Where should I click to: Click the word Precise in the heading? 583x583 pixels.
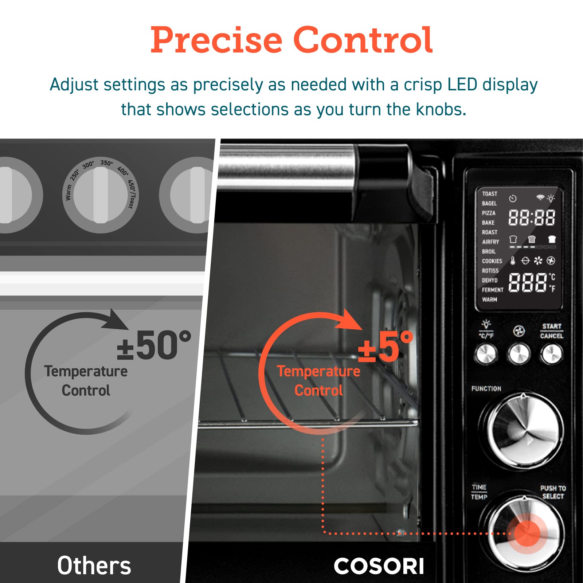point(216,40)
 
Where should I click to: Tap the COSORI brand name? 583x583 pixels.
point(379,566)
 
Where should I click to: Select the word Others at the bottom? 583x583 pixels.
point(94,566)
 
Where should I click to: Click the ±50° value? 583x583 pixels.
point(154,345)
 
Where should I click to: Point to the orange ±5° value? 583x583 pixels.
point(386,348)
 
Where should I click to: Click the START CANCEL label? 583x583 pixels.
point(552,331)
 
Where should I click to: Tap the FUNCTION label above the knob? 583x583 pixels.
point(486,389)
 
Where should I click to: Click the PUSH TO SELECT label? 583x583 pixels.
point(553,492)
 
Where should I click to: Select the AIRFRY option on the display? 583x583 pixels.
point(490,242)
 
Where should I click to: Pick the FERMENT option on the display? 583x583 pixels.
point(493,290)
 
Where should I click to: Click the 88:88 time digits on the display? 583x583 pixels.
point(532,218)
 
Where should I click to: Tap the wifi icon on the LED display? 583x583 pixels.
point(540,197)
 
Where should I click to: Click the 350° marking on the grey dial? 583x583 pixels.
point(106,163)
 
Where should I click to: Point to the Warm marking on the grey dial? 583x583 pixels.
point(68,193)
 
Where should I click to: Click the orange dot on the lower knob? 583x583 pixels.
point(527,533)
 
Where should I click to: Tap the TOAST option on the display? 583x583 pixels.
point(489,194)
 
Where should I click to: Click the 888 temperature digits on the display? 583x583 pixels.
point(528,283)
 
